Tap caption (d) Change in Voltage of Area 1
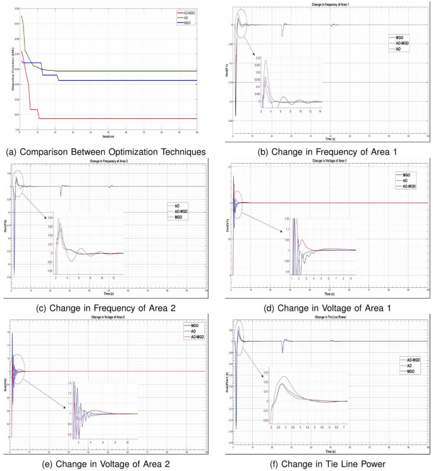325,307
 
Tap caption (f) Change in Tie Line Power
325,464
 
